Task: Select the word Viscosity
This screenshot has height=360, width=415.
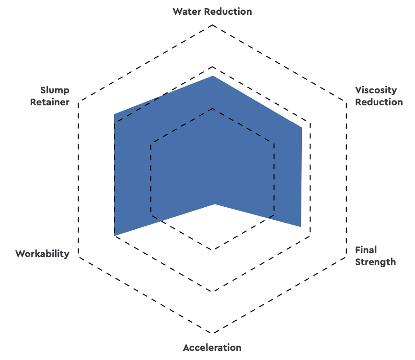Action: pos(376,90)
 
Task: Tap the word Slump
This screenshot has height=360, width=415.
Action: pos(55,90)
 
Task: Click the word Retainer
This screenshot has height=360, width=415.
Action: pos(50,102)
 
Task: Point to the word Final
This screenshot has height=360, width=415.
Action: pos(366,250)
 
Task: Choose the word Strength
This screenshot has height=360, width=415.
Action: pos(376,262)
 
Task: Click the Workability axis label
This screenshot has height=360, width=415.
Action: pos(42,254)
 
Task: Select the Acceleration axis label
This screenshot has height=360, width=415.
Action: pos(212,348)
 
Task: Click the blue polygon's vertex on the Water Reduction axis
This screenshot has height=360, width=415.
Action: pos(213,76)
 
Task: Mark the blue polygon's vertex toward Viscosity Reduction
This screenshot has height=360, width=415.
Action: pos(301,127)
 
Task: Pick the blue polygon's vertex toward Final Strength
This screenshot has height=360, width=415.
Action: pos(300,226)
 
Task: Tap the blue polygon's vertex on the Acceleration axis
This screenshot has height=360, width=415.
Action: pos(215,204)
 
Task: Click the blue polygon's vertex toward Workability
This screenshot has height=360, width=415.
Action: pos(115,236)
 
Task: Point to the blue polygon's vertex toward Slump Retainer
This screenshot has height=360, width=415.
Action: pos(114,114)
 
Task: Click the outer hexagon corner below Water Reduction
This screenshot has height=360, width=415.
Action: pos(212,23)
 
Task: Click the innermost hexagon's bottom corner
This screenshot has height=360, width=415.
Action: pos(212,249)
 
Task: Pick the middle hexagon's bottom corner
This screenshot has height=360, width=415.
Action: pos(212,291)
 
